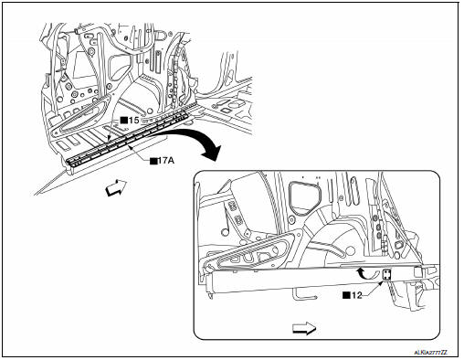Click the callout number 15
pyautogui.click(x=133, y=121)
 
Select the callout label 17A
pyautogui.click(x=165, y=161)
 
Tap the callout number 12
pyautogui.click(x=356, y=295)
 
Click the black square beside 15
pyautogui.click(x=123, y=121)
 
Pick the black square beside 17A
pyautogui.click(x=153, y=161)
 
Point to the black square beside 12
pyautogui.click(x=346, y=295)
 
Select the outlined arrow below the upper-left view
pyautogui.click(x=116, y=187)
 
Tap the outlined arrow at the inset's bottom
pyautogui.click(x=304, y=328)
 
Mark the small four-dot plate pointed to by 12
pyautogui.click(x=386, y=275)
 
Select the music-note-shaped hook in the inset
pyautogui.click(x=227, y=222)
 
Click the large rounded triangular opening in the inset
pyautogui.click(x=304, y=196)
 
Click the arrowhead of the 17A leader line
pyautogui.click(x=130, y=147)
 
